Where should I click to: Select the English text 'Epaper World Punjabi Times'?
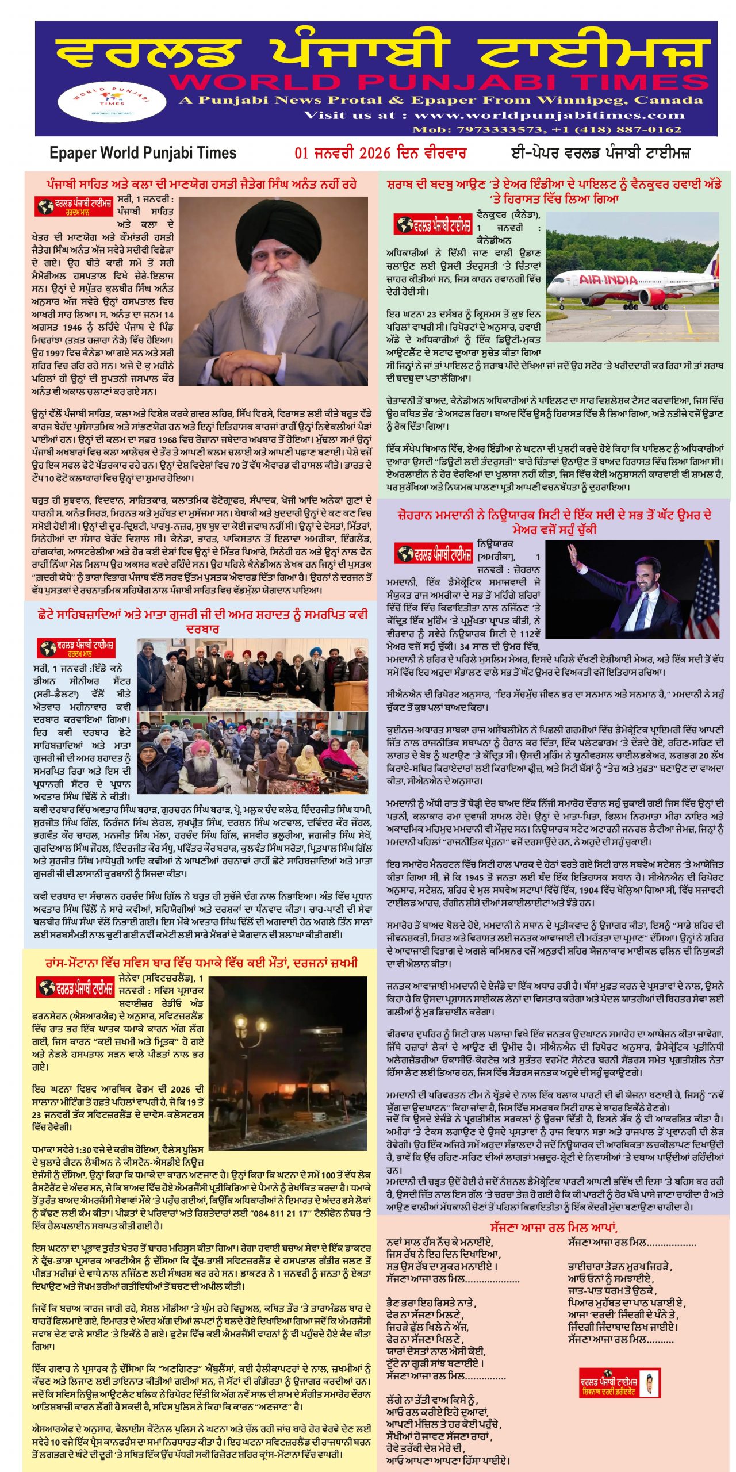tap(143, 153)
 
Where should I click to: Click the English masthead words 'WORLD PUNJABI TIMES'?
tap(437, 82)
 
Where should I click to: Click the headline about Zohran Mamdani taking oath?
tap(554, 522)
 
